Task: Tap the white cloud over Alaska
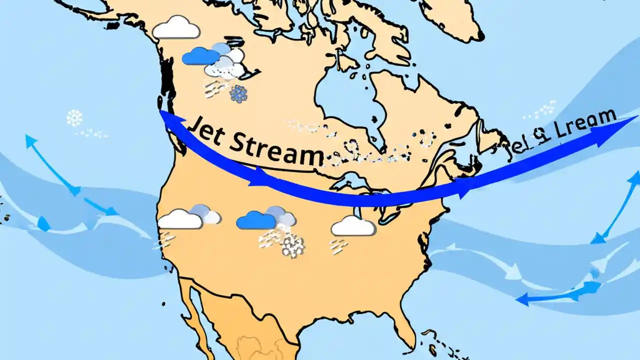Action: tap(176, 28)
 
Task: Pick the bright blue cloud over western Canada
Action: tap(200, 56)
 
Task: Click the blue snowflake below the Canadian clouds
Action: tap(238, 94)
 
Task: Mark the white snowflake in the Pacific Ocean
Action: tap(74, 118)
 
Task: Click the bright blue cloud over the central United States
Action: tap(256, 220)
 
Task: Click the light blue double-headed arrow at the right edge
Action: tap(618, 207)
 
